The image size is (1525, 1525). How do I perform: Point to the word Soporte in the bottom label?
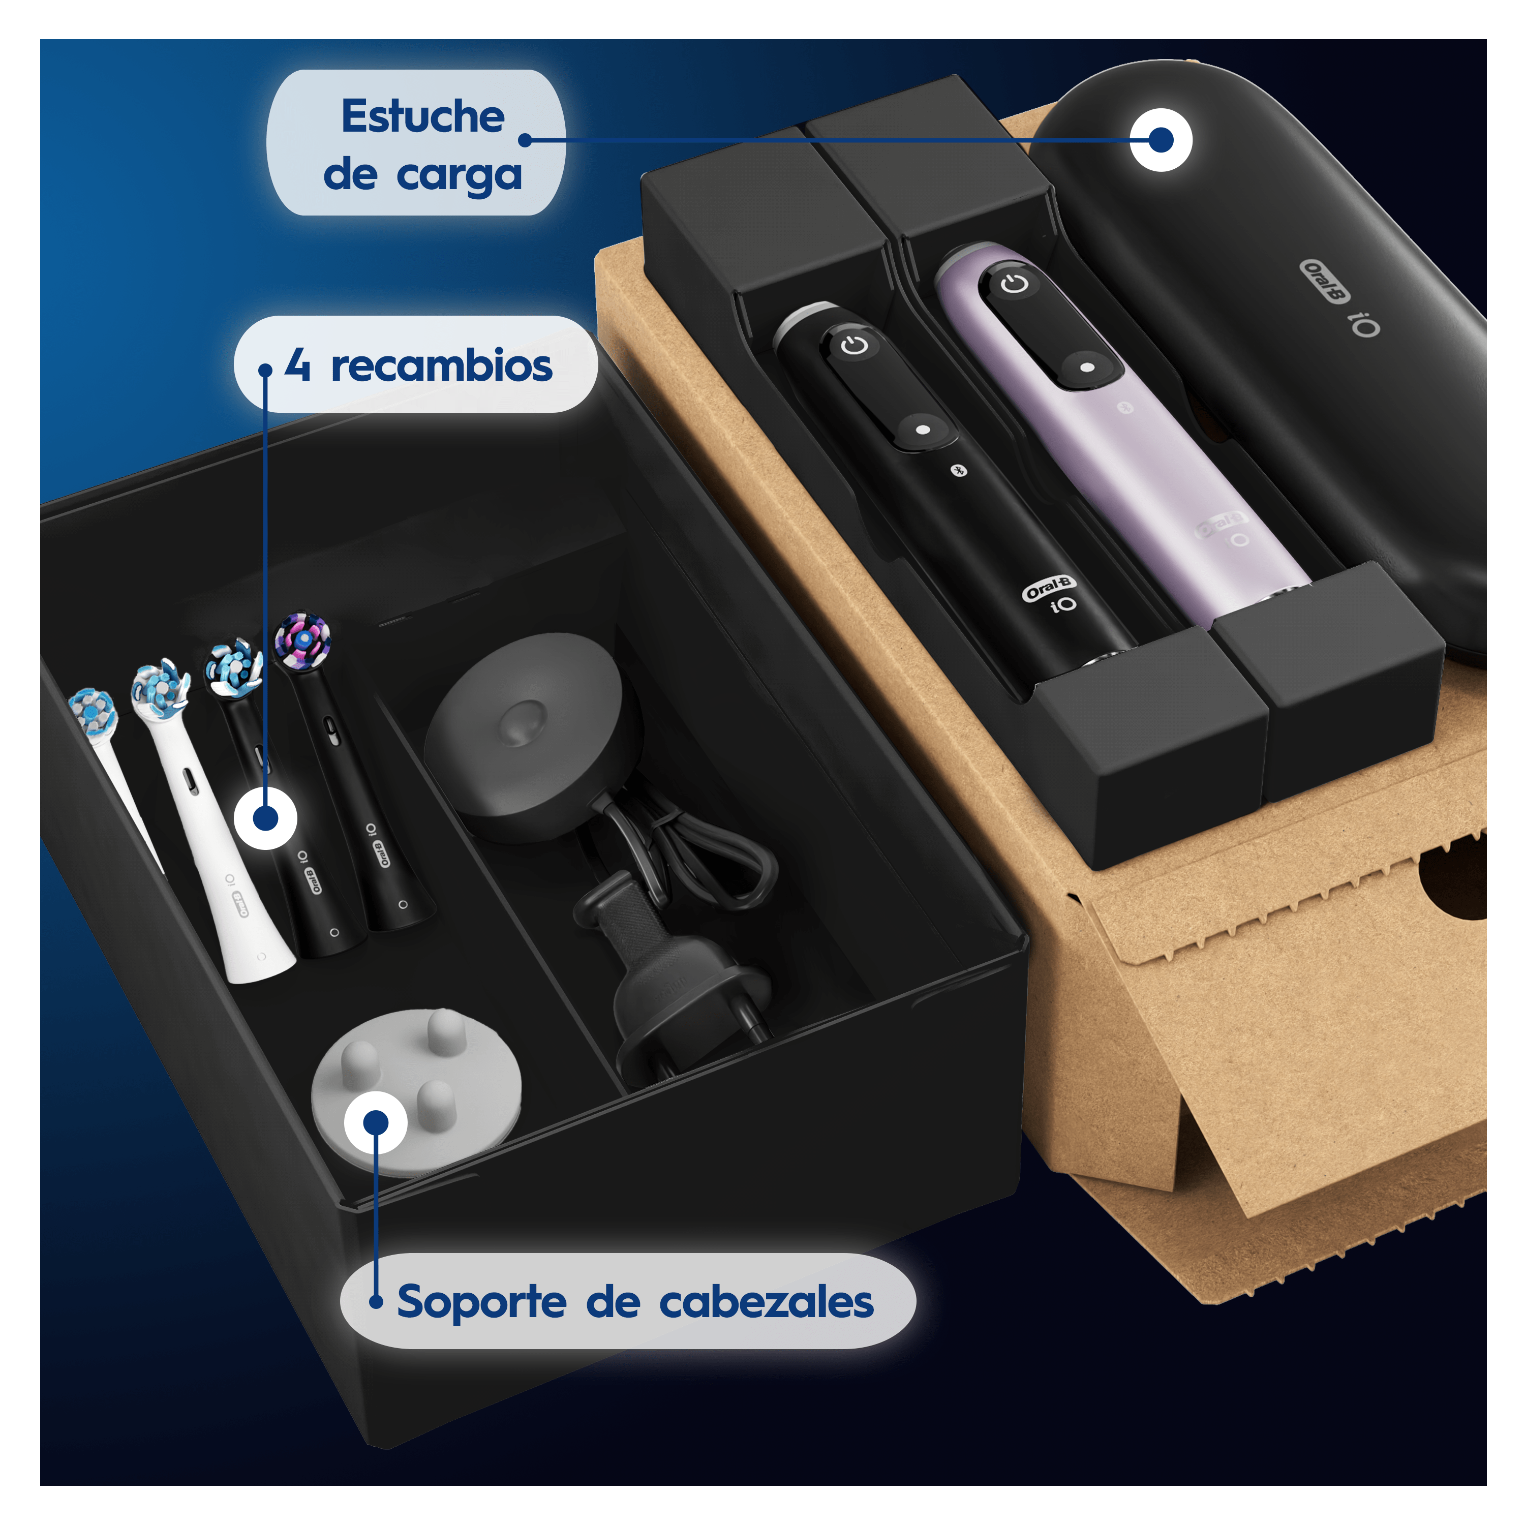tap(481, 1302)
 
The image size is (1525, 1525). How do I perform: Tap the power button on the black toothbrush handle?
tap(854, 345)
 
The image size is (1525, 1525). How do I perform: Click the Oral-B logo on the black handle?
tap(1048, 588)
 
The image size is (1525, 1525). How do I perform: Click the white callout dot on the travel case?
tap(1161, 140)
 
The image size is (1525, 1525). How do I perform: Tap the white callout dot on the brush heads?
tap(266, 818)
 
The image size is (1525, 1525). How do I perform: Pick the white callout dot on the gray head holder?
tap(376, 1122)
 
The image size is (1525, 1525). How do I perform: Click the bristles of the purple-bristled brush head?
tap(302, 639)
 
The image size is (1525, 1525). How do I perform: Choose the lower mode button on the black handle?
tap(923, 430)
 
